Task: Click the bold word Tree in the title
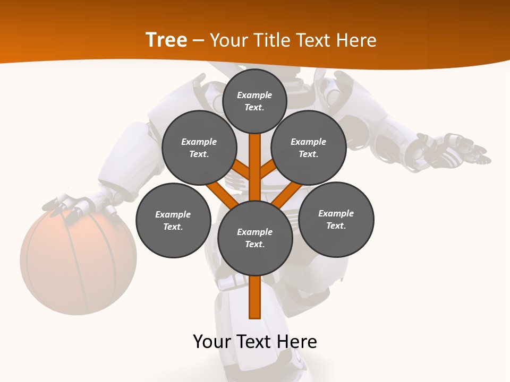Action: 166,40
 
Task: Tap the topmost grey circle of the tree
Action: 254,101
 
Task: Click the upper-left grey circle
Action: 199,147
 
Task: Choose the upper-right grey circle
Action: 309,147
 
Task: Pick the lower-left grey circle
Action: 173,220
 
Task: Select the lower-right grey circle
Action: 336,219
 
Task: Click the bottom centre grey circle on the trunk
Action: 255,238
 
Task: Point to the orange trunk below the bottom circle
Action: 255,297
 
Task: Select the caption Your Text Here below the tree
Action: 255,342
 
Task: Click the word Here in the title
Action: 358,40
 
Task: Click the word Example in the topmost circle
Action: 254,95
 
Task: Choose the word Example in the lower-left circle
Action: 173,214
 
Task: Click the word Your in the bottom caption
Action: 212,342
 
